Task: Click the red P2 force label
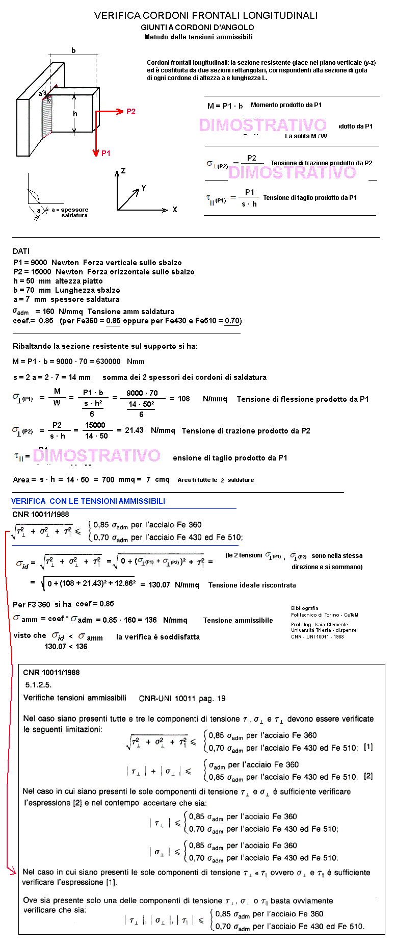[x=131, y=112]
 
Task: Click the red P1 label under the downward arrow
[x=106, y=153]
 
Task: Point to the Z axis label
[x=123, y=171]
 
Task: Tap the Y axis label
[x=144, y=188]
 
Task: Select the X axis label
[x=175, y=210]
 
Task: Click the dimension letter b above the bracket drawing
[x=73, y=50]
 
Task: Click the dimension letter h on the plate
[x=75, y=114]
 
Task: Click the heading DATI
[x=21, y=251]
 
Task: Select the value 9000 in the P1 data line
[x=39, y=263]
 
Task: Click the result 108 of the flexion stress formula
[x=183, y=399]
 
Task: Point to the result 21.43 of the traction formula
[x=134, y=430]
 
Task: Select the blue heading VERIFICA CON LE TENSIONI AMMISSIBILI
[x=88, y=501]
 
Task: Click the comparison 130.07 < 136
[x=66, y=647]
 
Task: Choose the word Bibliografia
[x=304, y=608]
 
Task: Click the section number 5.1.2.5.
[x=38, y=685]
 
